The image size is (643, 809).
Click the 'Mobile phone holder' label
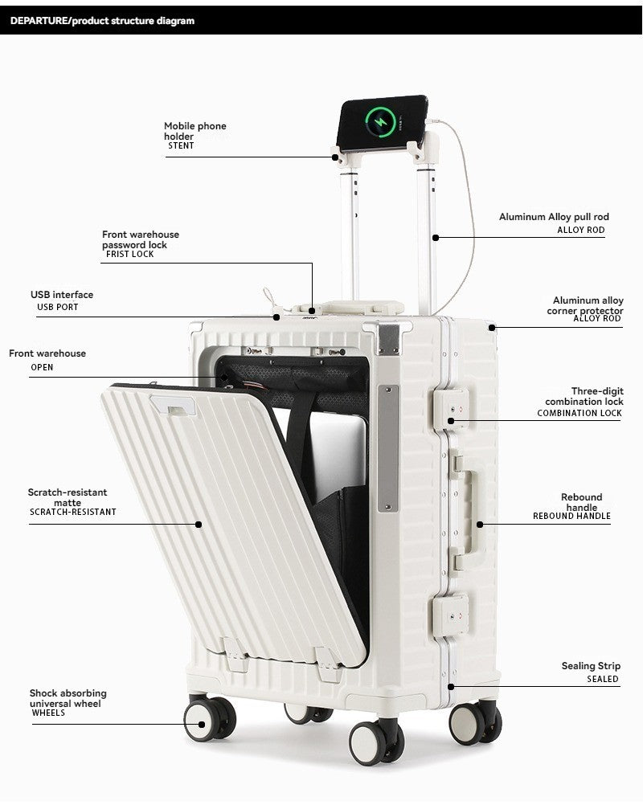[195, 131]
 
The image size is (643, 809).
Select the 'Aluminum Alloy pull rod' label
[554, 217]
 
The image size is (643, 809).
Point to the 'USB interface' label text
[62, 295]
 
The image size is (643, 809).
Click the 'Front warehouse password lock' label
[140, 239]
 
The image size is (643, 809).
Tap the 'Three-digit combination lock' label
[584, 396]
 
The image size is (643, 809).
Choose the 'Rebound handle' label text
[581, 502]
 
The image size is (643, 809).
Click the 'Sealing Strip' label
[591, 666]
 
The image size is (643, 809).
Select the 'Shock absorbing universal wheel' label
[68, 698]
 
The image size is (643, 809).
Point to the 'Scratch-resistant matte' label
[68, 497]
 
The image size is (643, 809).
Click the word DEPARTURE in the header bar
[39, 21]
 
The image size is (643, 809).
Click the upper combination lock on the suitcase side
[449, 411]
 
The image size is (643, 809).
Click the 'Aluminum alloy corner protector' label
[588, 305]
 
